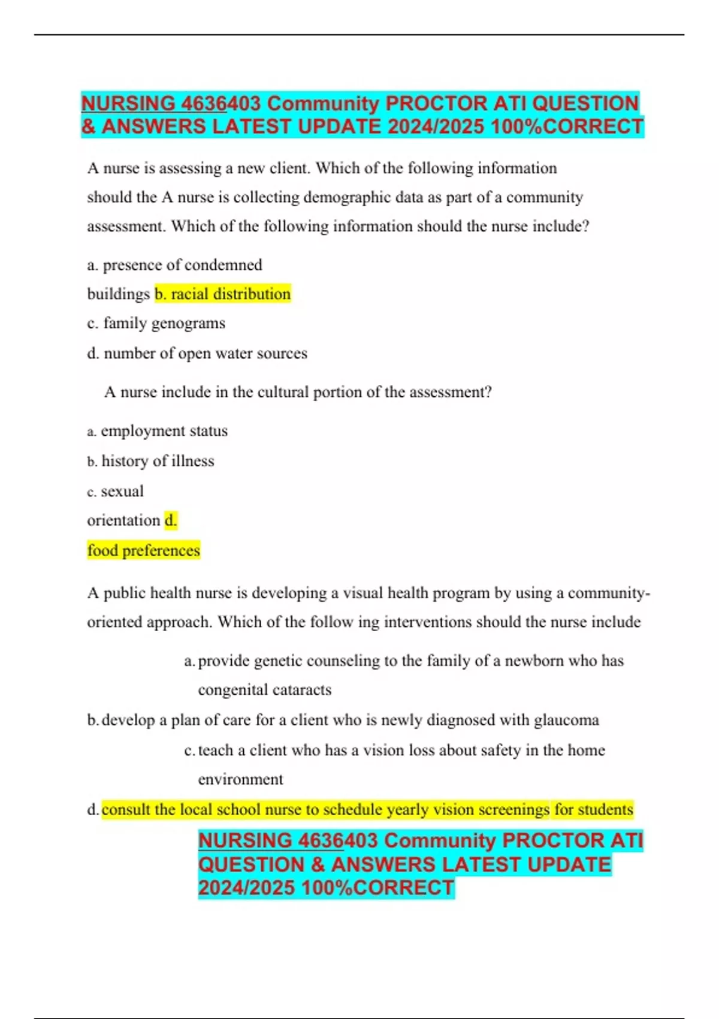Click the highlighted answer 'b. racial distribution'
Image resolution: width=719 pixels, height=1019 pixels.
222,294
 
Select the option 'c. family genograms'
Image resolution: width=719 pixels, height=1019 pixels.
156,323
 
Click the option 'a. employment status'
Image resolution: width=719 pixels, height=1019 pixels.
158,431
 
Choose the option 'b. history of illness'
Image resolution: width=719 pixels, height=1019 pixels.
151,461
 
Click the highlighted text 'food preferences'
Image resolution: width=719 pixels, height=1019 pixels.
144,550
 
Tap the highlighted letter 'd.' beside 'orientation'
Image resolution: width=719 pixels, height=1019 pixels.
171,520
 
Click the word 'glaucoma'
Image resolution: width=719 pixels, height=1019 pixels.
566,720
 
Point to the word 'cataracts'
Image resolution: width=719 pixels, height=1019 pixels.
298,690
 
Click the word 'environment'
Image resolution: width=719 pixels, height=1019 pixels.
240,779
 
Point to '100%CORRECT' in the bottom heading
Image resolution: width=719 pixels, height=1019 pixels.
377,888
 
